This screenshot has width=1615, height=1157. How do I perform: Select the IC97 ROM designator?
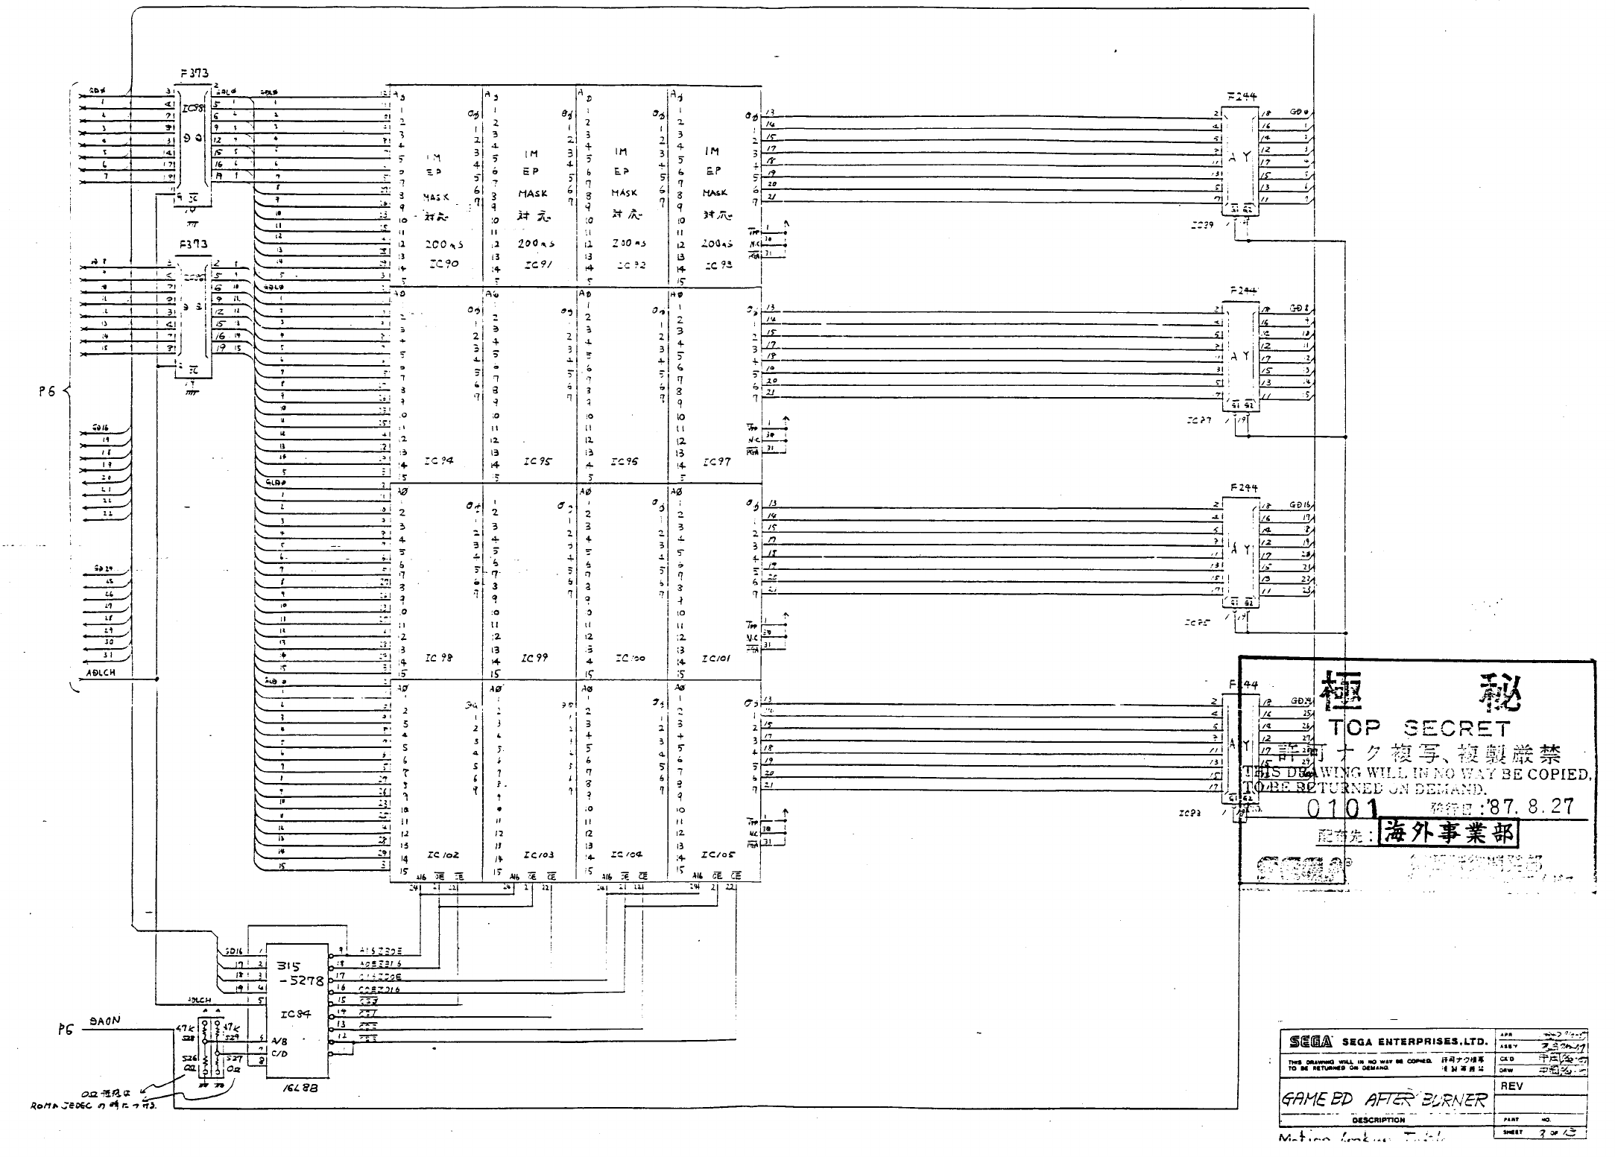coord(717,463)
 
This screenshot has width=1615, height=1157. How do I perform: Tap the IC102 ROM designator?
coord(443,855)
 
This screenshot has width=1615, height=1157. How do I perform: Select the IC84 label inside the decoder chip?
coord(294,1014)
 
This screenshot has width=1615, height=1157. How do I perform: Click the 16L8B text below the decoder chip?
coord(296,1087)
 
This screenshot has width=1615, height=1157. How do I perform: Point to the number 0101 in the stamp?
coord(1342,808)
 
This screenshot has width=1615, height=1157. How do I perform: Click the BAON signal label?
coord(104,1021)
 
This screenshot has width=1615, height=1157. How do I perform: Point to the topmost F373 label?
coord(194,74)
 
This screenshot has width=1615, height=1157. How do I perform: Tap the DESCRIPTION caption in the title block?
coord(1378,1120)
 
